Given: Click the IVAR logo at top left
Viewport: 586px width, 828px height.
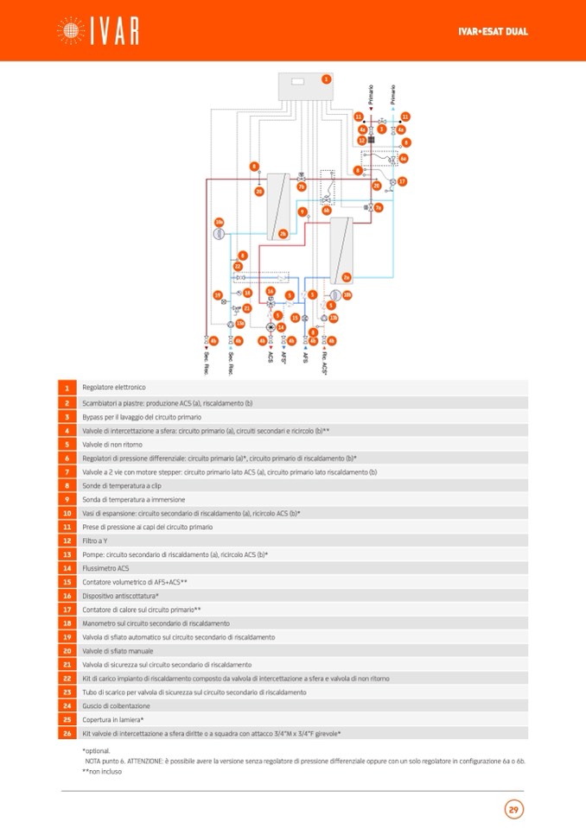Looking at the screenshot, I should click(97, 31).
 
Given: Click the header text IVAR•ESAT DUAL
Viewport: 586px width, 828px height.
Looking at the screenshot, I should click(493, 32).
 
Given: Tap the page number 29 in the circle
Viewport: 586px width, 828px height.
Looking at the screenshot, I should click(513, 809).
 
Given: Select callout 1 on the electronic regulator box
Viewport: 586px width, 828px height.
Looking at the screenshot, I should click(326, 79).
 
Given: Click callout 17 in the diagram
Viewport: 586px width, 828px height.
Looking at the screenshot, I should click(402, 181).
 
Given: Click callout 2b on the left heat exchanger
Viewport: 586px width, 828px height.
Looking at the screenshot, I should click(283, 234).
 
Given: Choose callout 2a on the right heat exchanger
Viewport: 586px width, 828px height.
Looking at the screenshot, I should click(347, 277).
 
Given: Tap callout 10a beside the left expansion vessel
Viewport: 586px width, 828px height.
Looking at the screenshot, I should click(219, 222).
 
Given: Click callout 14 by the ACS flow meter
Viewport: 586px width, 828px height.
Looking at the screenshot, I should click(281, 327).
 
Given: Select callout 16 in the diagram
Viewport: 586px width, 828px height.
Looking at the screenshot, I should click(271, 292).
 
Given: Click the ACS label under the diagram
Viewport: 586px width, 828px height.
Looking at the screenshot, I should click(271, 356).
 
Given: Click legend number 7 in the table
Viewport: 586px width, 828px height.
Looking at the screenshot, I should click(67, 472).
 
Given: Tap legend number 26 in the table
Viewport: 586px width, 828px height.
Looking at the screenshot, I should click(67, 733).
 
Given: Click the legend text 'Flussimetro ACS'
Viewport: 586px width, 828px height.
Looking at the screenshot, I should click(105, 567).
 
